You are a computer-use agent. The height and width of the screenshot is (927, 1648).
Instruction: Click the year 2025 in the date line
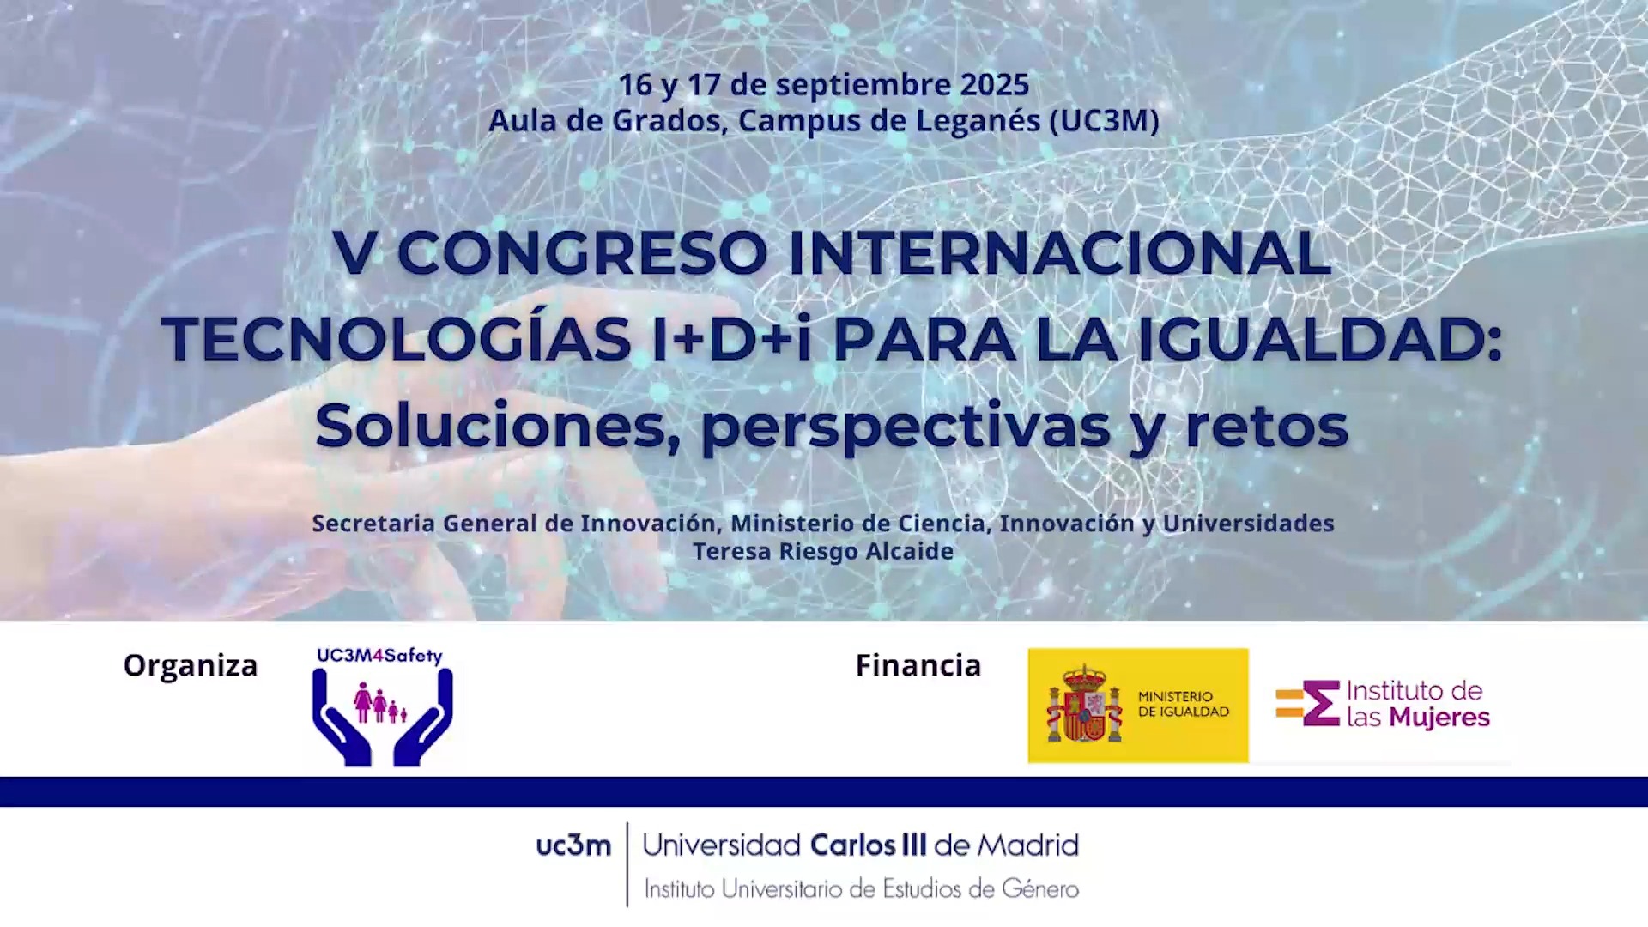[x=994, y=84]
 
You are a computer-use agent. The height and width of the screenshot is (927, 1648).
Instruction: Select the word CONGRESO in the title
[x=582, y=252]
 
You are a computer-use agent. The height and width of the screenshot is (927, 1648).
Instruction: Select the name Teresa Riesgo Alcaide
[x=823, y=551]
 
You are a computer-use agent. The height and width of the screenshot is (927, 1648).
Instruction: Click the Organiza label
[x=191, y=666]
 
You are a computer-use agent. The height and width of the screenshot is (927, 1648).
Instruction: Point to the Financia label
[x=918, y=665]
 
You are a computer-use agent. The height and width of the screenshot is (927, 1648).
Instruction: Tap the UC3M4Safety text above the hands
[x=379, y=656]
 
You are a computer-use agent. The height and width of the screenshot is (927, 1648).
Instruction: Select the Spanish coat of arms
[x=1084, y=704]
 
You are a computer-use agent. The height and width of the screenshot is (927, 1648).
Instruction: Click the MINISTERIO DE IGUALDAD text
[x=1184, y=704]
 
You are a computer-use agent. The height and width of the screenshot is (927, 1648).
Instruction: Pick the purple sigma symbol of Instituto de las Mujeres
[x=1322, y=703]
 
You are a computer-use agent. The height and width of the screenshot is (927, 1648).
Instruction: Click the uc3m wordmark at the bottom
[x=573, y=846]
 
